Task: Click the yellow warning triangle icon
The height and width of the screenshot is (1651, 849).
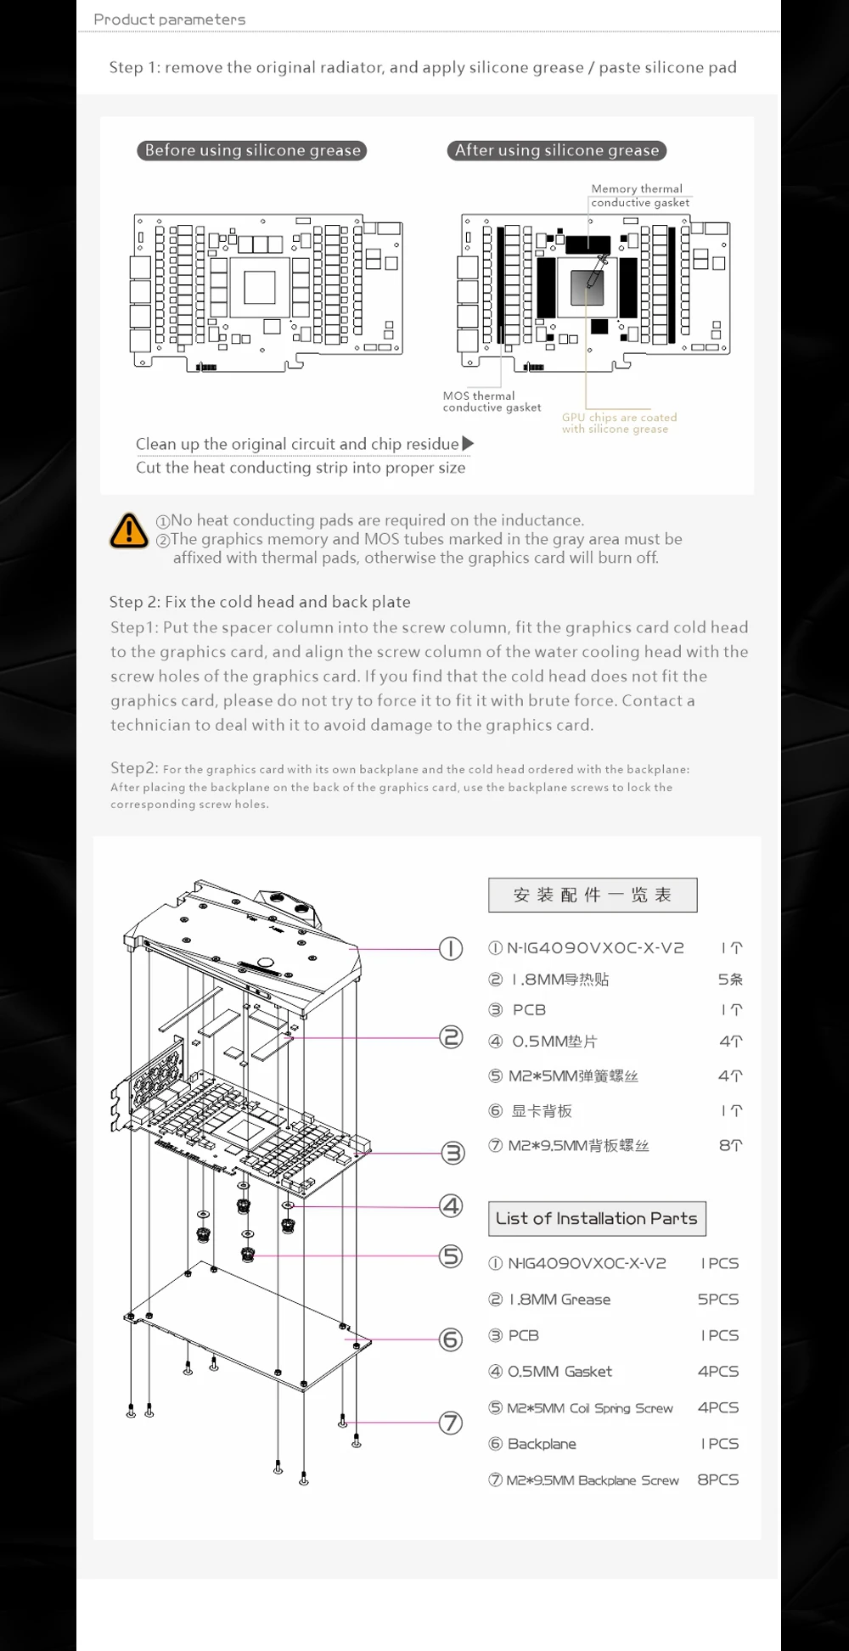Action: click(x=129, y=531)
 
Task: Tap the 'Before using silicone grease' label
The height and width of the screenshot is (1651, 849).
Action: click(x=252, y=150)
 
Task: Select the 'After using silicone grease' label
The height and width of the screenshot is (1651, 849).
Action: click(x=556, y=150)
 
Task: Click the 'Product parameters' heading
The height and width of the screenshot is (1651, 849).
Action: click(x=169, y=19)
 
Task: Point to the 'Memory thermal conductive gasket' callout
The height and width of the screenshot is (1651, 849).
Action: click(x=639, y=195)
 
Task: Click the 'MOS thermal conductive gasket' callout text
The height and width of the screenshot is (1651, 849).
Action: click(x=491, y=402)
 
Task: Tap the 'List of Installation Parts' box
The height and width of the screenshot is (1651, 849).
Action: click(x=596, y=1218)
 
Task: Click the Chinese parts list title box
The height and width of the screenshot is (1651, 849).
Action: click(x=593, y=895)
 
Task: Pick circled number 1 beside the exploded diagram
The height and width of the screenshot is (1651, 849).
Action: click(x=451, y=948)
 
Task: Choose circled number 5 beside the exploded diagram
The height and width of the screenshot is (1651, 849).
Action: click(x=451, y=1256)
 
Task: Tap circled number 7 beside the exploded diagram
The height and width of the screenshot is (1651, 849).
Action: click(x=451, y=1423)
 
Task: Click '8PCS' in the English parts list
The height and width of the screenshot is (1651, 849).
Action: click(x=717, y=1480)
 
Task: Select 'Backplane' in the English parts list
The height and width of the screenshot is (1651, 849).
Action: click(x=542, y=1444)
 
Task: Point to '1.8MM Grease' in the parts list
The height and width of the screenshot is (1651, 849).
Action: click(x=559, y=1300)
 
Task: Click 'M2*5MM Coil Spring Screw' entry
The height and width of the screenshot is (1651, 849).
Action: click(x=589, y=1408)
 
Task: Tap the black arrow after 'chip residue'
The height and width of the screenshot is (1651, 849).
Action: click(x=468, y=443)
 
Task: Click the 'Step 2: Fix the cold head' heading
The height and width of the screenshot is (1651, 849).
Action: click(x=260, y=602)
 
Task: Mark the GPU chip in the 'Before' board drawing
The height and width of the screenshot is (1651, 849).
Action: click(x=259, y=287)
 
